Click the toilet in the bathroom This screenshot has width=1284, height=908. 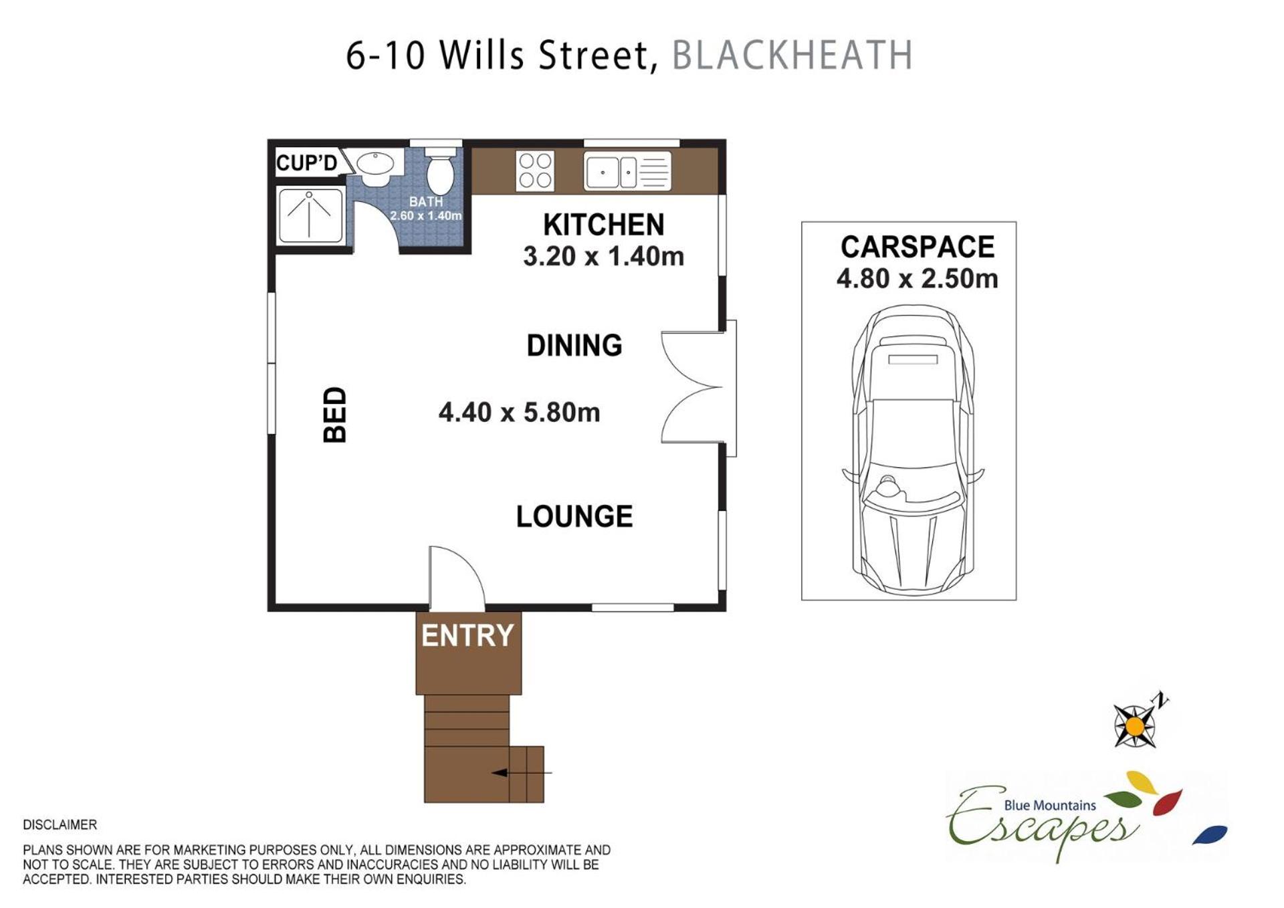point(440,171)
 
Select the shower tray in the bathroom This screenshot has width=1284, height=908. point(310,215)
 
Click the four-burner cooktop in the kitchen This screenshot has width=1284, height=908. point(535,171)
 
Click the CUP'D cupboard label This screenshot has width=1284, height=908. point(306,162)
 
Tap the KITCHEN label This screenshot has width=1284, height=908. point(603,225)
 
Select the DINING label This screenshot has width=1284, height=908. point(574,345)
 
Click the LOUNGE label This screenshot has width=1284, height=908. point(574,516)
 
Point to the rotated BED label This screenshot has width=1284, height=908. point(334,415)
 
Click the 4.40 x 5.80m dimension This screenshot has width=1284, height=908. point(519,412)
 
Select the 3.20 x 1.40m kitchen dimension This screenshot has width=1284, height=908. point(603,256)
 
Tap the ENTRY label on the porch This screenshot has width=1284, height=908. point(467,635)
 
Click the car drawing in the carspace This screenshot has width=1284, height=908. point(913,450)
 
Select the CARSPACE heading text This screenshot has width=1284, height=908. point(918,247)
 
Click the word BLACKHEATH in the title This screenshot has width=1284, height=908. point(792,55)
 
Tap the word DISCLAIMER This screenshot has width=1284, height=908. point(60,824)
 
